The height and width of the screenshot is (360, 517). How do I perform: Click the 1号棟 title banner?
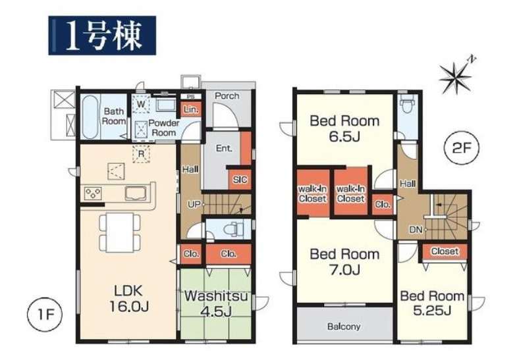tap(102, 36)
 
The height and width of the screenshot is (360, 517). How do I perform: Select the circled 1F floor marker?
tap(45, 315)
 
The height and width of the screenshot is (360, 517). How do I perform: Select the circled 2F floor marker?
tap(460, 148)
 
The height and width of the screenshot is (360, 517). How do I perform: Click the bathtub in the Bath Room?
tap(90, 117)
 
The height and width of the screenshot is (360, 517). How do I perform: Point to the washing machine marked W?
tap(141, 105)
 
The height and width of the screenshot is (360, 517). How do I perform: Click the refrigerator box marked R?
tap(141, 154)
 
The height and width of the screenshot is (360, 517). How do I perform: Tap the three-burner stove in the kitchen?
tap(93, 193)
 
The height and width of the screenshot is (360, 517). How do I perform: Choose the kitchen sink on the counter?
tap(136, 193)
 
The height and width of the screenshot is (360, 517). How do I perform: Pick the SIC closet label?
tap(240, 180)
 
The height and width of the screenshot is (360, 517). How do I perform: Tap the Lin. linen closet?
tap(191, 109)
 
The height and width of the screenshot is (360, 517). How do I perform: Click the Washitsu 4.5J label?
tap(216, 303)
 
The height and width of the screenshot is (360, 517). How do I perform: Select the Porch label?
tap(227, 96)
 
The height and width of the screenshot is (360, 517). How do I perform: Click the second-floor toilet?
tap(408, 106)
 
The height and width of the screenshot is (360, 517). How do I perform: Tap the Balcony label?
tap(344, 326)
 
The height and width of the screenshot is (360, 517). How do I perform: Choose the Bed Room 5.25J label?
tap(432, 303)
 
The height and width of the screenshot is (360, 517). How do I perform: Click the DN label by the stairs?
tap(416, 230)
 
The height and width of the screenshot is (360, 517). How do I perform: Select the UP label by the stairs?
tap(194, 204)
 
